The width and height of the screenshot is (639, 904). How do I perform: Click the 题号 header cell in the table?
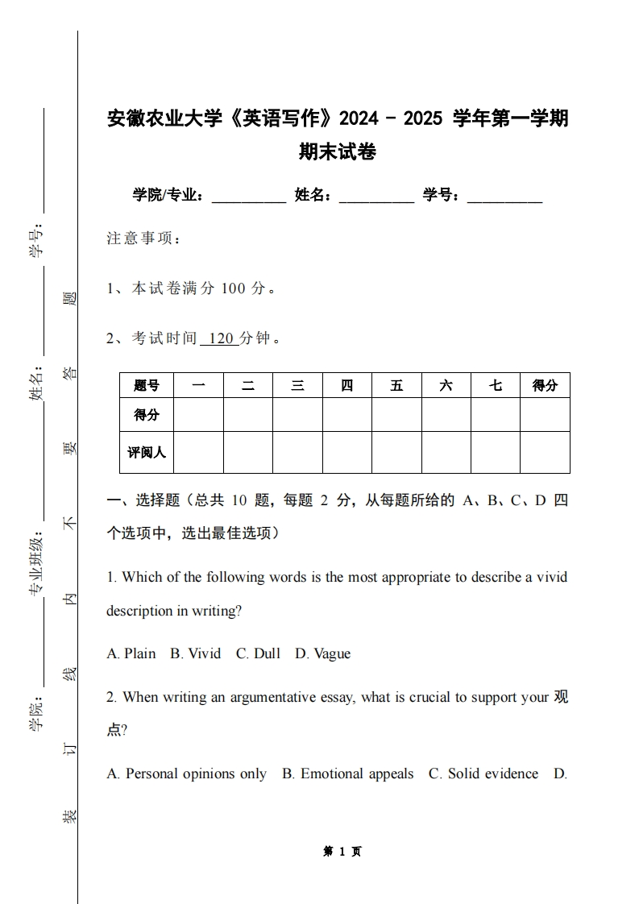point(147,385)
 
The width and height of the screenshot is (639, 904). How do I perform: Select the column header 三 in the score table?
point(297,385)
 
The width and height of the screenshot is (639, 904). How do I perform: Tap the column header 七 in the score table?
point(495,385)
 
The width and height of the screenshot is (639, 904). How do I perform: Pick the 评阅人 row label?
point(147,452)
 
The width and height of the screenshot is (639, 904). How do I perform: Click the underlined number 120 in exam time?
point(220,338)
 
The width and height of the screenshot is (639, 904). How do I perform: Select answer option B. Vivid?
point(195,653)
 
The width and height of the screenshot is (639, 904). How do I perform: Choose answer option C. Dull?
point(258,653)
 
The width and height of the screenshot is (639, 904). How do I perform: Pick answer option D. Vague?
point(322,653)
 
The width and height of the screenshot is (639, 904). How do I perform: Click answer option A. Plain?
point(131,653)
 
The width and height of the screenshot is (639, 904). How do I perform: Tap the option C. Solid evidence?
point(483,773)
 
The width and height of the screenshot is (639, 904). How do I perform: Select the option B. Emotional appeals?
point(347,773)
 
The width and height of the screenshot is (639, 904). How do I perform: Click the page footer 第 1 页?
point(342,851)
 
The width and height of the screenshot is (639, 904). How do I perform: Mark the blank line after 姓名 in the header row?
point(376,196)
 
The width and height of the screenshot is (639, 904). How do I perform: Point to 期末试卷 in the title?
point(338,151)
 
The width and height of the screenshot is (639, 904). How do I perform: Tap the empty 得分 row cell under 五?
point(396,415)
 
